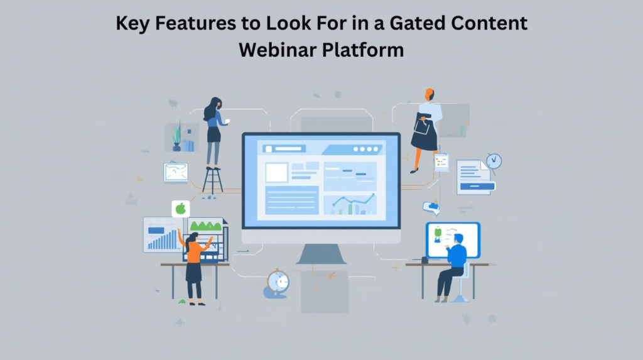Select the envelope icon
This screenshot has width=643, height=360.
coord(175,172)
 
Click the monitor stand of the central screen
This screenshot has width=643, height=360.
coord(321,253)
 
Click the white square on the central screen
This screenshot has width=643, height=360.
coord(276,172)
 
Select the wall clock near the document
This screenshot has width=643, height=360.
coord(494,161)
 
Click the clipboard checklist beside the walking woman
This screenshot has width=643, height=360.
coord(441,162)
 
